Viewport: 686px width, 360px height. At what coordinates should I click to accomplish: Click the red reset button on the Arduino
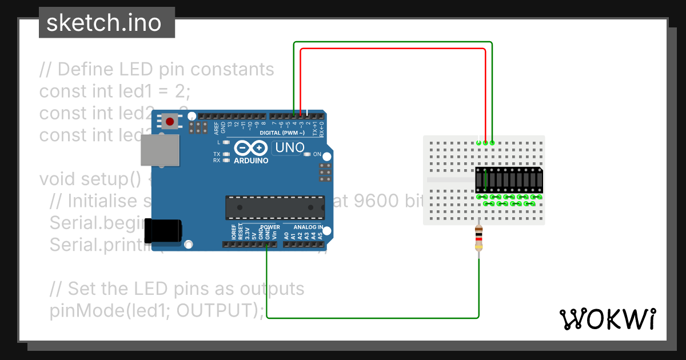(170, 121)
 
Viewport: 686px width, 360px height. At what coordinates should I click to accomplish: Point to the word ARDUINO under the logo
(251, 161)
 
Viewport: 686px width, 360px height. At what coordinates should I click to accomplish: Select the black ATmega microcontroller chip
(274, 207)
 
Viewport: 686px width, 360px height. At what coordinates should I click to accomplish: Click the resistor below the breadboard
(479, 239)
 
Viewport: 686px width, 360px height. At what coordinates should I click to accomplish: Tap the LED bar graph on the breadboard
(509, 180)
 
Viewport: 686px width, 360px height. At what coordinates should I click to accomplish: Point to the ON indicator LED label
(317, 154)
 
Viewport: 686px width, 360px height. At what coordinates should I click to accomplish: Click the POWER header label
(269, 227)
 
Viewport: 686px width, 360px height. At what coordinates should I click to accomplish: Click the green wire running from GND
(372, 317)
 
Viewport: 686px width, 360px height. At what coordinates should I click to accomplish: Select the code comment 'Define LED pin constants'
(157, 70)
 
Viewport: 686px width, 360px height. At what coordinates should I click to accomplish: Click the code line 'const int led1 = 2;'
(114, 91)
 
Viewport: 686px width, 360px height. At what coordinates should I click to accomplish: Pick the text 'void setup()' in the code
(90, 179)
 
